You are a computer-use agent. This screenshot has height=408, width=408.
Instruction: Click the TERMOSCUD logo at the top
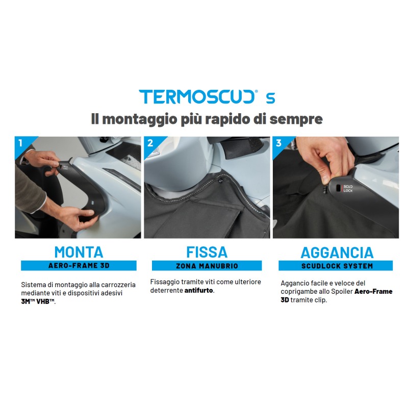click(200, 97)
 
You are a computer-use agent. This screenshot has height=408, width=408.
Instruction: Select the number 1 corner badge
click(20, 142)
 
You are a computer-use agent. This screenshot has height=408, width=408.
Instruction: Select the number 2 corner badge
click(149, 142)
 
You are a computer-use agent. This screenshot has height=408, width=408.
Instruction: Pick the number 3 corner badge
click(278, 142)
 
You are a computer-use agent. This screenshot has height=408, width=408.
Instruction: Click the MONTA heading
click(79, 251)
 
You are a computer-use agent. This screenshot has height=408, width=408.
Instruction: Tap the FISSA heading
click(207, 251)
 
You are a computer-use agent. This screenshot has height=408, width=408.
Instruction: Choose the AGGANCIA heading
click(337, 252)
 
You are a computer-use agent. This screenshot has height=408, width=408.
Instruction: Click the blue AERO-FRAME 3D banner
click(79, 266)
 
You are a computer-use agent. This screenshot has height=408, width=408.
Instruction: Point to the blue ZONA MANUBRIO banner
click(207, 266)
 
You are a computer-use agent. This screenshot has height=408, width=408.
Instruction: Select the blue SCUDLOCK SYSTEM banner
click(336, 266)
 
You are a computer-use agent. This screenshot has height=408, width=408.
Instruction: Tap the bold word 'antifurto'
click(199, 291)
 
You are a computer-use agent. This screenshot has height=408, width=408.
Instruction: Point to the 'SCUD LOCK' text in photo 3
click(348, 188)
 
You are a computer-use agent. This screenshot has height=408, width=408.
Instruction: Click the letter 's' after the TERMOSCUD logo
click(270, 97)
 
